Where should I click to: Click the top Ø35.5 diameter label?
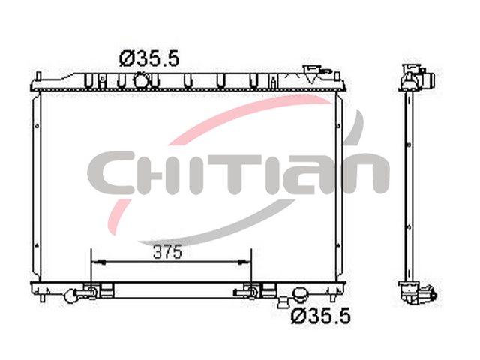[149, 59]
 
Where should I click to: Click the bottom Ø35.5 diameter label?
[320, 316]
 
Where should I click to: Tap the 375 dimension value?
[167, 252]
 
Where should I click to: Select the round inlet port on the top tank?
[141, 80]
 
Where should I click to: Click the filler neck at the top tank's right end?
[313, 73]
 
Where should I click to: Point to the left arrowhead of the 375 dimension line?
[100, 262]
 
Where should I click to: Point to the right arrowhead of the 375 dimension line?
[243, 262]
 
